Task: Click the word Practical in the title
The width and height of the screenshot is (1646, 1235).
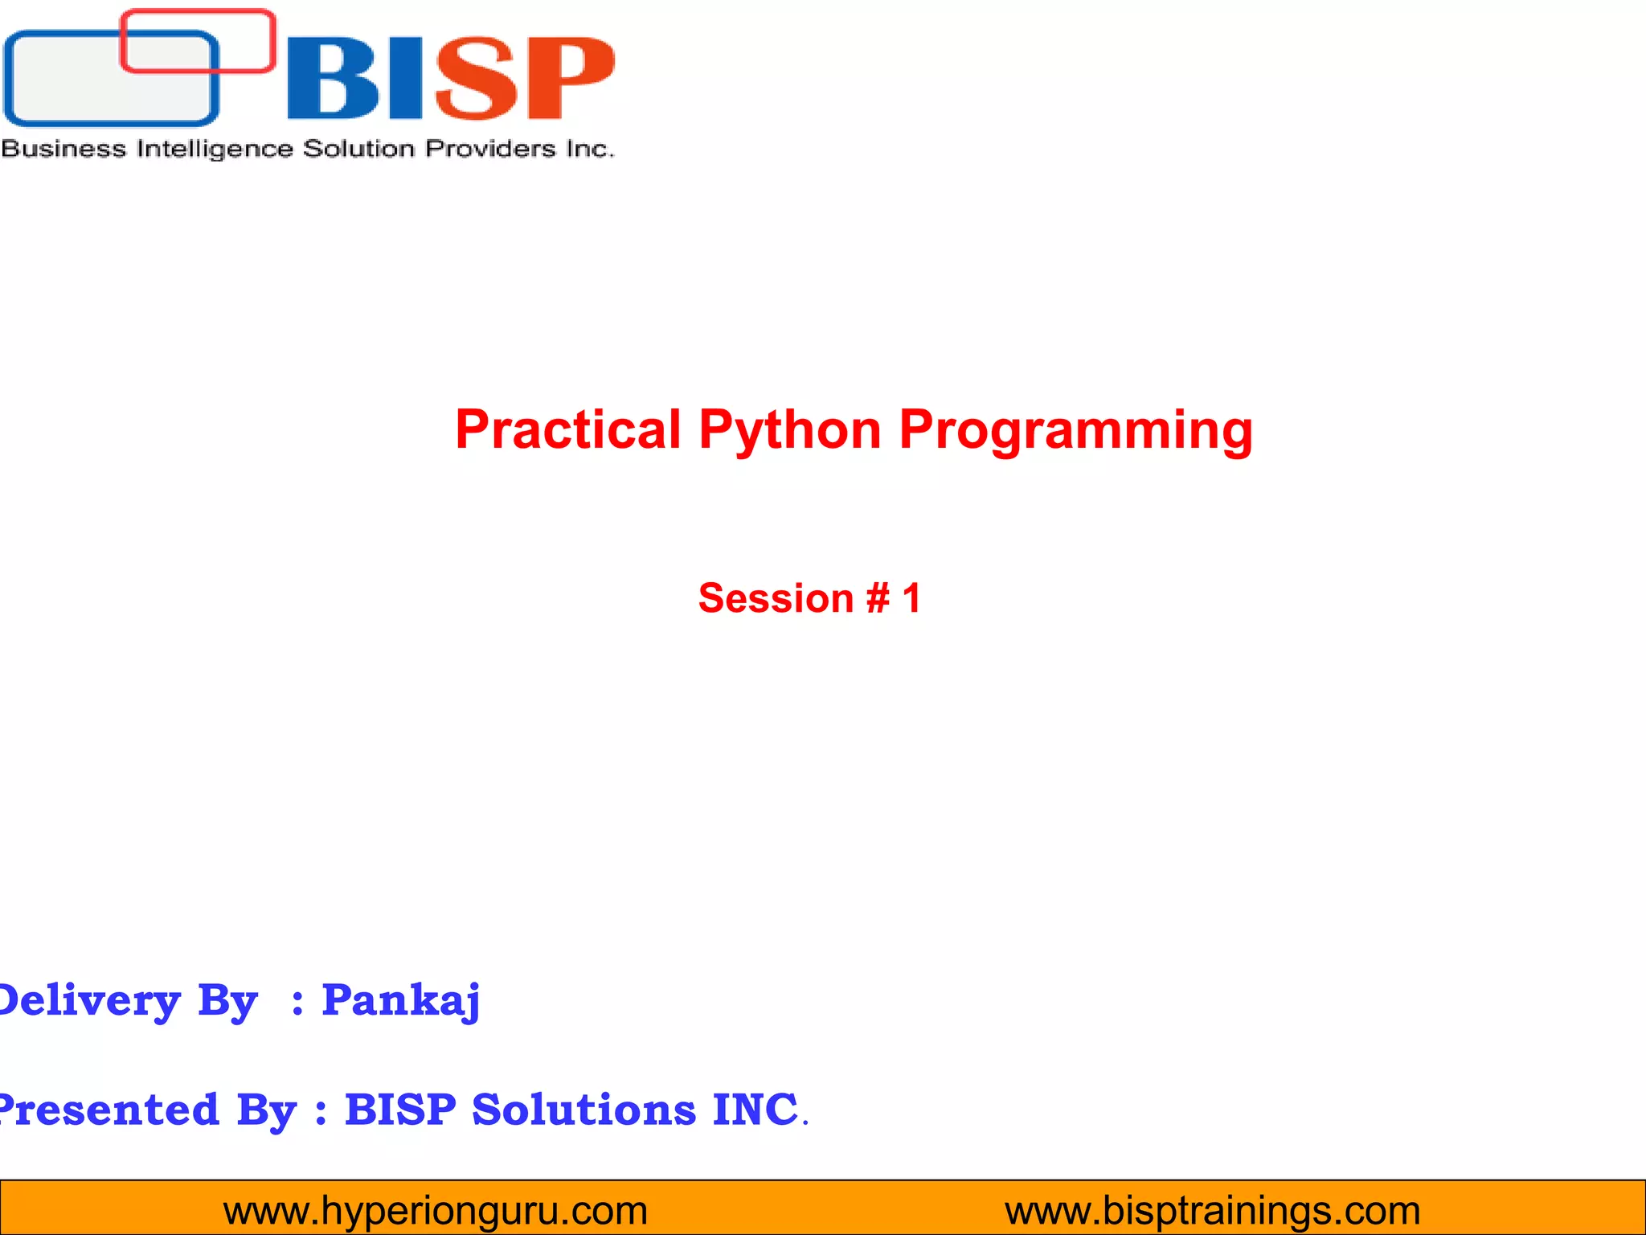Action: [x=567, y=429]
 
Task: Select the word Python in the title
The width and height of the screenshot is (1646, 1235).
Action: [x=790, y=431]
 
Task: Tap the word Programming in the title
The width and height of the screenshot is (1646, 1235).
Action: [x=1075, y=431]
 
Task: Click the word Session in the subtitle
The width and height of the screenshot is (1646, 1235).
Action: [x=776, y=598]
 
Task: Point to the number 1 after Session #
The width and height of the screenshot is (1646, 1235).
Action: [x=911, y=598]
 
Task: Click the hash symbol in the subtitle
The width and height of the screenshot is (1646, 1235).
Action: [x=878, y=598]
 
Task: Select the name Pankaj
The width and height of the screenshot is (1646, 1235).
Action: [x=400, y=1000]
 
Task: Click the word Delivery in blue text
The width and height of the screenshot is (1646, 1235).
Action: [x=88, y=1002]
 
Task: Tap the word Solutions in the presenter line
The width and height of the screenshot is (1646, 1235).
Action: [x=583, y=1110]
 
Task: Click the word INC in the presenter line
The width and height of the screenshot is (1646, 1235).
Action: [x=755, y=1110]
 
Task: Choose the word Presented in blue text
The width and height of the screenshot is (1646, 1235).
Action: [x=109, y=1110]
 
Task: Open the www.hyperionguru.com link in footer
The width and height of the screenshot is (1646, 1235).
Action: [x=435, y=1210]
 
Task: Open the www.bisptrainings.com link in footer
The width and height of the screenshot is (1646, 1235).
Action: [x=1212, y=1210]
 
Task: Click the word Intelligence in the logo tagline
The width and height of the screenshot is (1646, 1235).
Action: [x=214, y=149]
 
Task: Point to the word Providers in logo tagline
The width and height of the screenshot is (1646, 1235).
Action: [x=490, y=149]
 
